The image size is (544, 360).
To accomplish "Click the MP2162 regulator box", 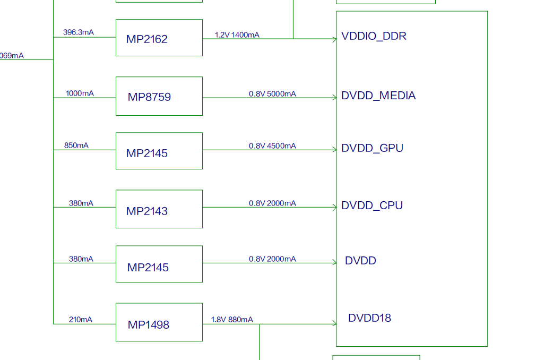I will point(159,38).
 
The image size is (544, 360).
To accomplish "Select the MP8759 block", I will point(159,96).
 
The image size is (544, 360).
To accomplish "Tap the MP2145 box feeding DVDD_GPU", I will point(159,151).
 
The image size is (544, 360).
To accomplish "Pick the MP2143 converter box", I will point(159,209).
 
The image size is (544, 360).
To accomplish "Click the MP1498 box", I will point(159,322).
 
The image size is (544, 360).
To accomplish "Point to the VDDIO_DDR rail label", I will point(374,37).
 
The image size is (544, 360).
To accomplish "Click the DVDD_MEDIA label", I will point(378,96).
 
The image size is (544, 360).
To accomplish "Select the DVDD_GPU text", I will point(372,148).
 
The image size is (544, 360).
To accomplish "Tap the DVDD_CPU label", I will point(372,205).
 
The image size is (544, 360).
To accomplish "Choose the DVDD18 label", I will point(369,318).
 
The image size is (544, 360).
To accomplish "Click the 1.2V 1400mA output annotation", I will point(237,35).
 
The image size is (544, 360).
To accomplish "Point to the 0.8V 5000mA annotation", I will point(272,94).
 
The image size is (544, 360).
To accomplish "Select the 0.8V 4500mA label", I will point(272,146).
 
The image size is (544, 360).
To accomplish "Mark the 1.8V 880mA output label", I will point(232,320).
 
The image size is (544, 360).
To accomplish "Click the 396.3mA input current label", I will point(78,32).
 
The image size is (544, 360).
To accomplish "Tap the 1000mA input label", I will point(80,93).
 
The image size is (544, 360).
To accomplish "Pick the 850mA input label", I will point(76,145).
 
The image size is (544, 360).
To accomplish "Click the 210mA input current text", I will point(80,320).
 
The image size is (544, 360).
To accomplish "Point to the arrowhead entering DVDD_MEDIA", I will point(334,98).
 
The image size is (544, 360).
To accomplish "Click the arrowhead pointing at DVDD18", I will point(334,323).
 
